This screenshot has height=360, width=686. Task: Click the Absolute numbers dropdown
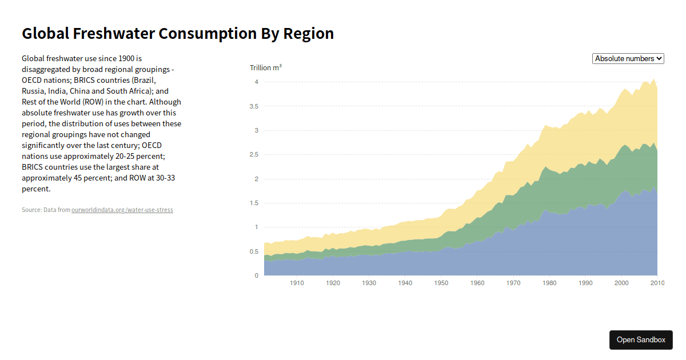coord(628,58)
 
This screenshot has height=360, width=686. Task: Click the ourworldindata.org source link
coord(122,210)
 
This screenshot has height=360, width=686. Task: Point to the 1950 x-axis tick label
coord(441,283)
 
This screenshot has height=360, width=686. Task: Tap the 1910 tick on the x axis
coord(297,283)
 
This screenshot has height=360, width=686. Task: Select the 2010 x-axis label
coord(657,283)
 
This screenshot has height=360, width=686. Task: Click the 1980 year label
coord(549,283)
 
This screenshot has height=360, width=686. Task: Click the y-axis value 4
coord(256,82)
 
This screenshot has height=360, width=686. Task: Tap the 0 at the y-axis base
coord(256,275)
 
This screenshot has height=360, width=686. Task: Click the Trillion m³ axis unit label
coord(265,68)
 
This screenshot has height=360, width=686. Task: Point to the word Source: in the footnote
coord(31,210)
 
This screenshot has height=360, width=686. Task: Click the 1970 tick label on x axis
coord(513,283)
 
